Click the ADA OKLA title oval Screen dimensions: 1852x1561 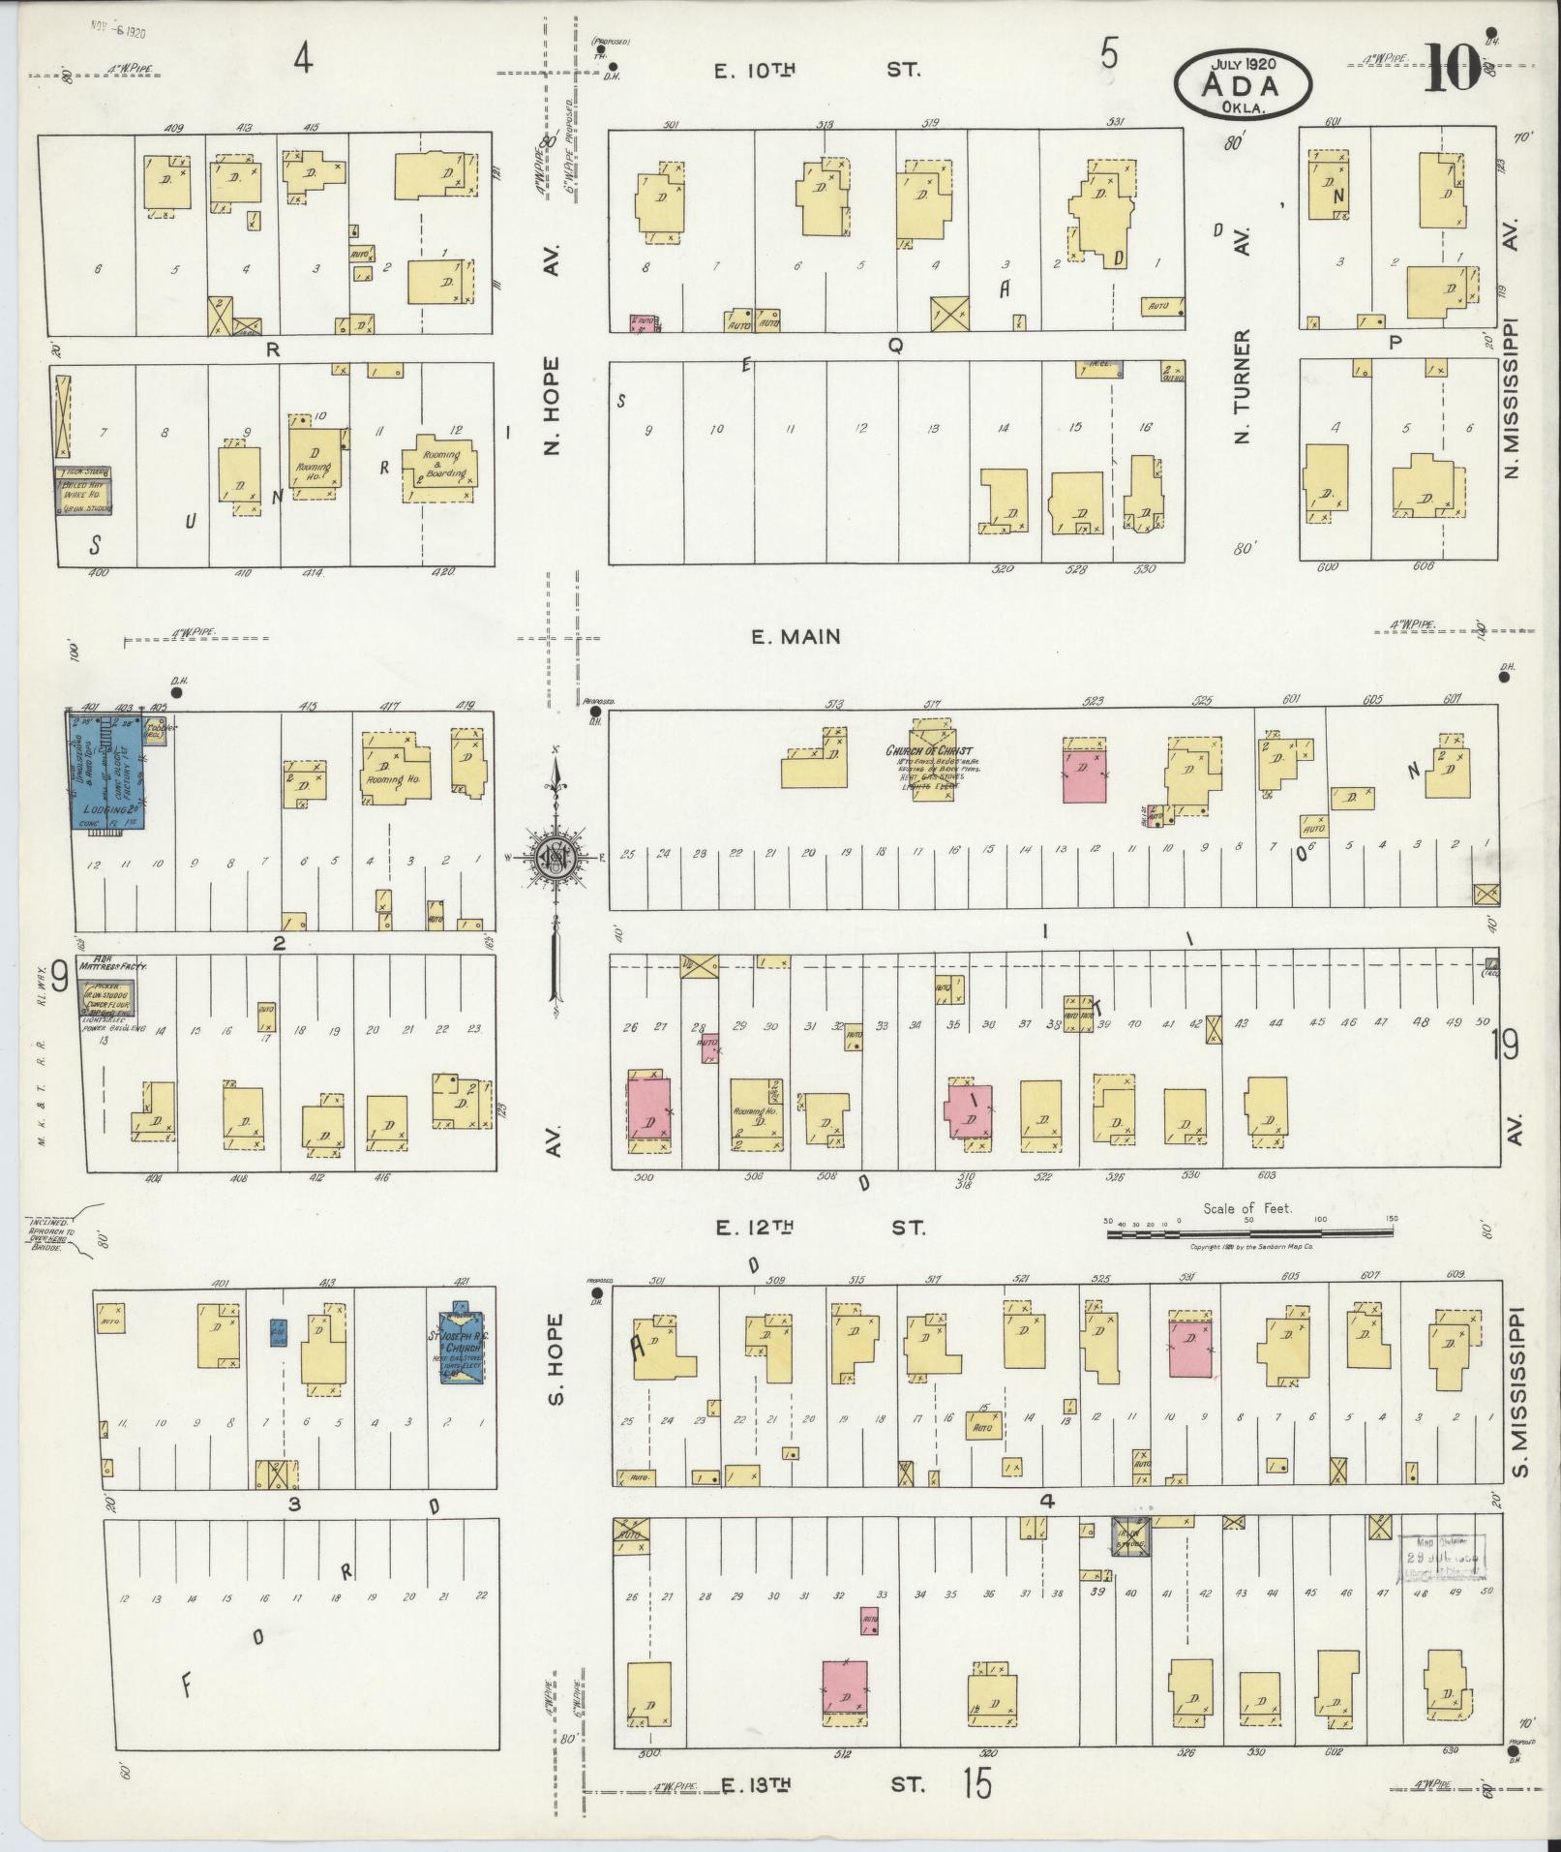pos(1243,84)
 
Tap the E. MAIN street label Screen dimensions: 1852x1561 pos(796,636)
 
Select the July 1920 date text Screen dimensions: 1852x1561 pos(1244,63)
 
